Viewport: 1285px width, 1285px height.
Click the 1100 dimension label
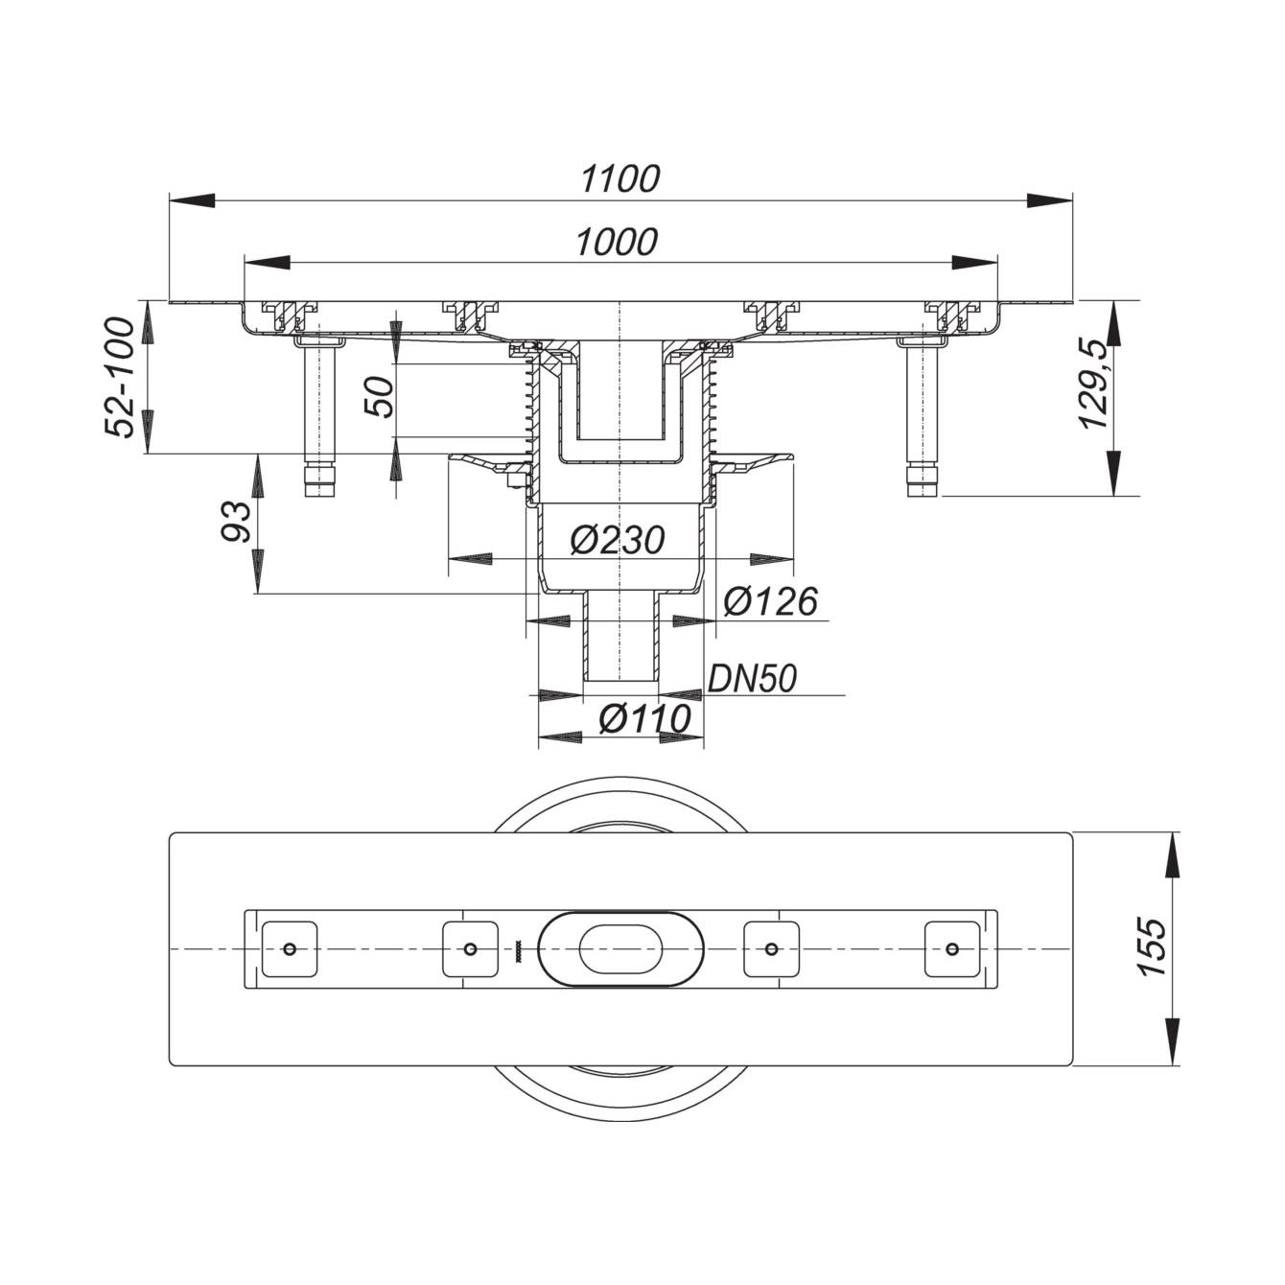coord(620,178)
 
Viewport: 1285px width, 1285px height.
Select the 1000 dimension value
coord(617,243)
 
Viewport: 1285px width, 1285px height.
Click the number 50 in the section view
coord(380,397)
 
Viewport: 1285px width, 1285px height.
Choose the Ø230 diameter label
coord(617,541)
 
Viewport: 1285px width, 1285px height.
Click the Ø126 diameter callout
coord(770,602)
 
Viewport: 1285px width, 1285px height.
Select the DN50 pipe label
coord(752,679)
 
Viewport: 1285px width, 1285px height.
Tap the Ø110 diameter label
coord(644,718)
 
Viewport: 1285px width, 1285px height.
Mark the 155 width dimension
coord(1152,948)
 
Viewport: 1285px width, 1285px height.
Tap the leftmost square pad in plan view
coord(290,949)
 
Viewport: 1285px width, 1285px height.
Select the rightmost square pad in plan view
coord(951,949)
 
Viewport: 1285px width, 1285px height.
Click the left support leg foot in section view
coord(318,481)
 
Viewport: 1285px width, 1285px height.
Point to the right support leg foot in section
coord(922,481)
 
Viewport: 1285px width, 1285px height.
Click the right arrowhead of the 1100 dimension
coord(1050,200)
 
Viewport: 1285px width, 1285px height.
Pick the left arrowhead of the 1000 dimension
coord(268,262)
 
